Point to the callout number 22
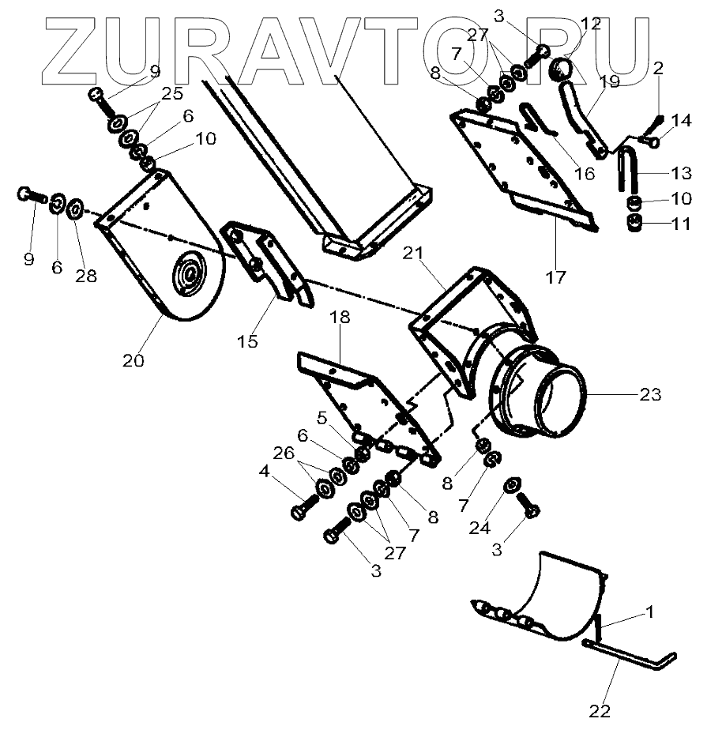pyautogui.click(x=600, y=709)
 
